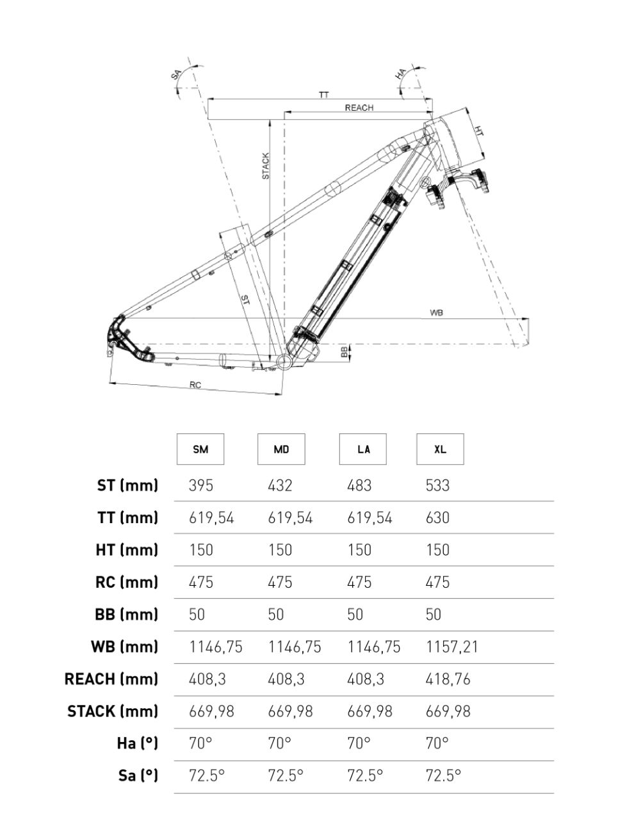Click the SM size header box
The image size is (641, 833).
[x=200, y=449]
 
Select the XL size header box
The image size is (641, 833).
[x=440, y=449]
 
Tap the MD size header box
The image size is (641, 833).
[x=281, y=449]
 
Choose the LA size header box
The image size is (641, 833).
[x=363, y=449]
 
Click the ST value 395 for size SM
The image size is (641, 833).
[x=201, y=485]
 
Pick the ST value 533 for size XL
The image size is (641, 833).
[x=437, y=485]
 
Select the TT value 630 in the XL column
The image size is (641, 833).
[x=437, y=517]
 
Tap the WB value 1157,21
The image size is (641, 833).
[x=452, y=647]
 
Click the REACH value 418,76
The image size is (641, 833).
[x=448, y=679]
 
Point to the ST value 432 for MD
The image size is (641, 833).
[x=280, y=485]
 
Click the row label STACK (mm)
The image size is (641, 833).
[x=113, y=711]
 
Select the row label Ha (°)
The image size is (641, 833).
[x=136, y=743]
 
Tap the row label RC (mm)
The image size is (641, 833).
[x=126, y=582]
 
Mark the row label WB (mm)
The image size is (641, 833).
[x=124, y=647]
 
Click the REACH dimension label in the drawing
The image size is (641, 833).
[x=359, y=108]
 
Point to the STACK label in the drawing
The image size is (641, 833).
[x=266, y=166]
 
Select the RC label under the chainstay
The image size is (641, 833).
[x=195, y=385]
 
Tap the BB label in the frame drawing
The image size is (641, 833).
[x=344, y=352]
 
